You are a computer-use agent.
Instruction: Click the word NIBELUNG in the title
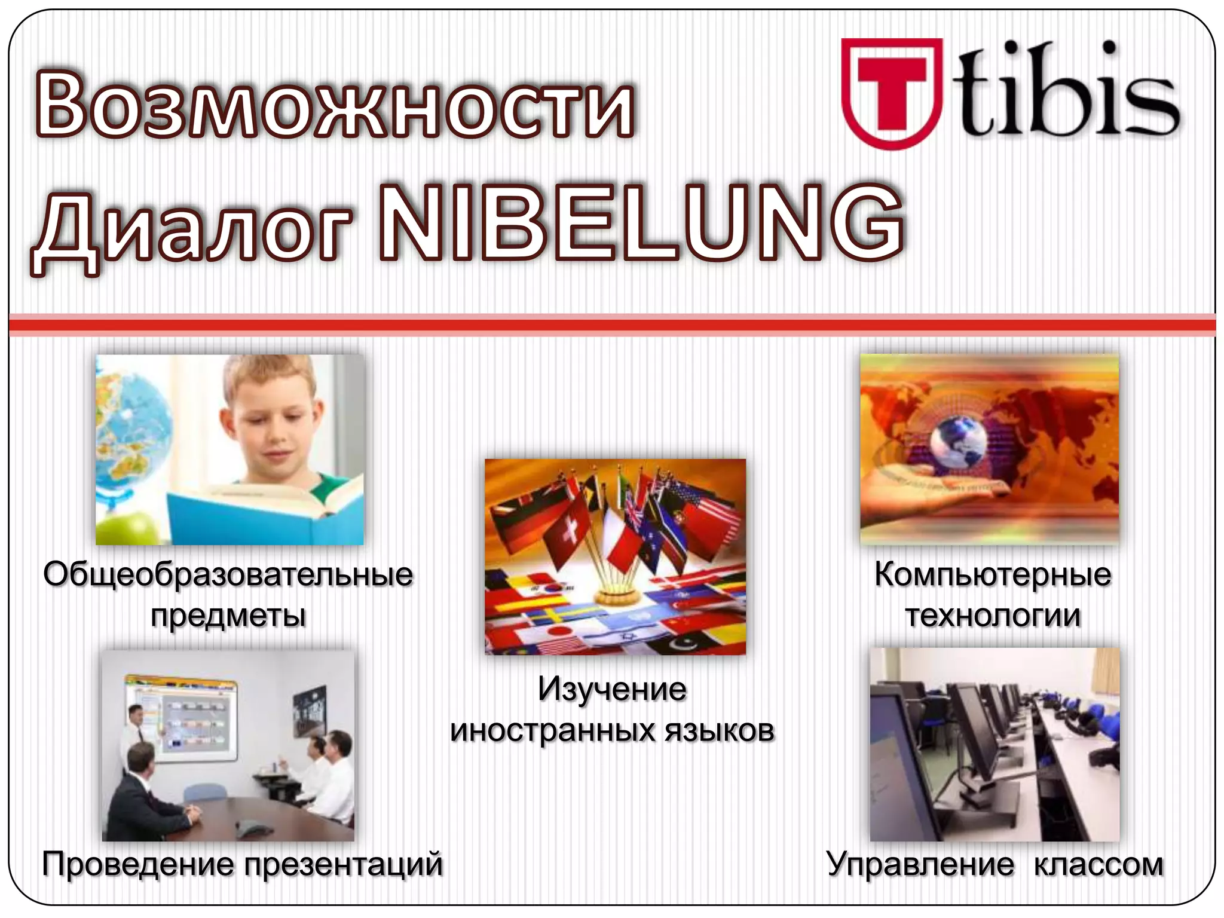pyautogui.click(x=642, y=224)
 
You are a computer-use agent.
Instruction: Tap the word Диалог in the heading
pyautogui.click(x=191, y=230)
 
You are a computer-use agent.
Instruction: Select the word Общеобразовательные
pyautogui.click(x=228, y=575)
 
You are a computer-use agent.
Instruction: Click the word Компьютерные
pyautogui.click(x=992, y=575)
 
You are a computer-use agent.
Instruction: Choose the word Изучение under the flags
pyautogui.click(x=612, y=689)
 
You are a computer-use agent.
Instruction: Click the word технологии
pyautogui.click(x=992, y=616)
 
